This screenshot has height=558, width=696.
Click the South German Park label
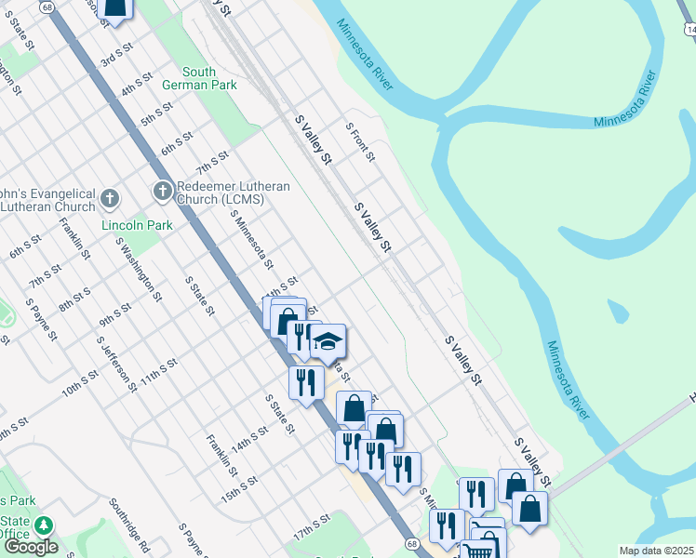(199, 78)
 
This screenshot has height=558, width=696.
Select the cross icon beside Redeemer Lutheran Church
(162, 192)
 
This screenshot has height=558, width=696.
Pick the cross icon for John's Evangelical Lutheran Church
(110, 199)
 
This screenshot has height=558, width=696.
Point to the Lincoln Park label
(137, 225)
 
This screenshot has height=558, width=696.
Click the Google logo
(31, 546)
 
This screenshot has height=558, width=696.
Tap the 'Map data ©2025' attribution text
(656, 551)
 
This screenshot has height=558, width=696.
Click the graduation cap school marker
(328, 342)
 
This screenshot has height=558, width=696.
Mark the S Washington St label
(139, 268)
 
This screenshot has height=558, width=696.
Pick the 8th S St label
(74, 299)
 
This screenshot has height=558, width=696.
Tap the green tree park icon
(43, 526)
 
